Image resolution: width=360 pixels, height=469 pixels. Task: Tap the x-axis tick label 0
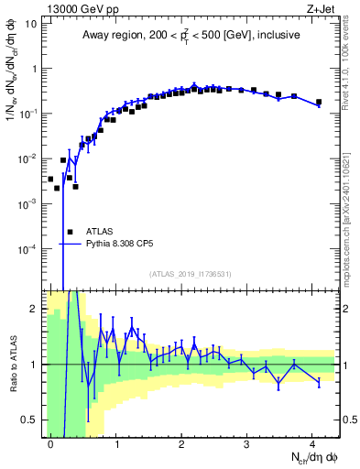pos(51,443)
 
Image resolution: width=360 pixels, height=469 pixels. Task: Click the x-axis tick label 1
pos(116,443)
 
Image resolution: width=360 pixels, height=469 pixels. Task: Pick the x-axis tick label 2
pos(181,443)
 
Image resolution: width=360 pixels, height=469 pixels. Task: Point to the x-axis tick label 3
pos(246,443)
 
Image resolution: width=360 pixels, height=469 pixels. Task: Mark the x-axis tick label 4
pos(311,443)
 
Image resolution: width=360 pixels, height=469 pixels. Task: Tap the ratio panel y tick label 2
pos(36,308)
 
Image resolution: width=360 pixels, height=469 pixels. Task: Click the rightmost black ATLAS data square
pos(319,103)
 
